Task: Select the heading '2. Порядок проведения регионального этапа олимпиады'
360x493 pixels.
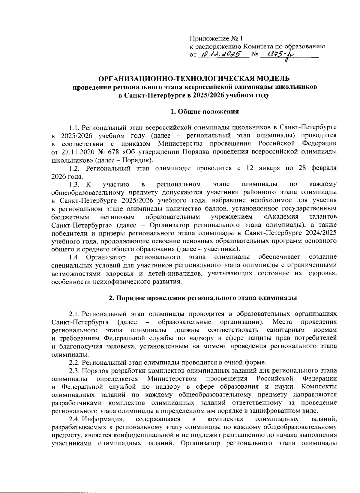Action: click(x=202, y=298)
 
